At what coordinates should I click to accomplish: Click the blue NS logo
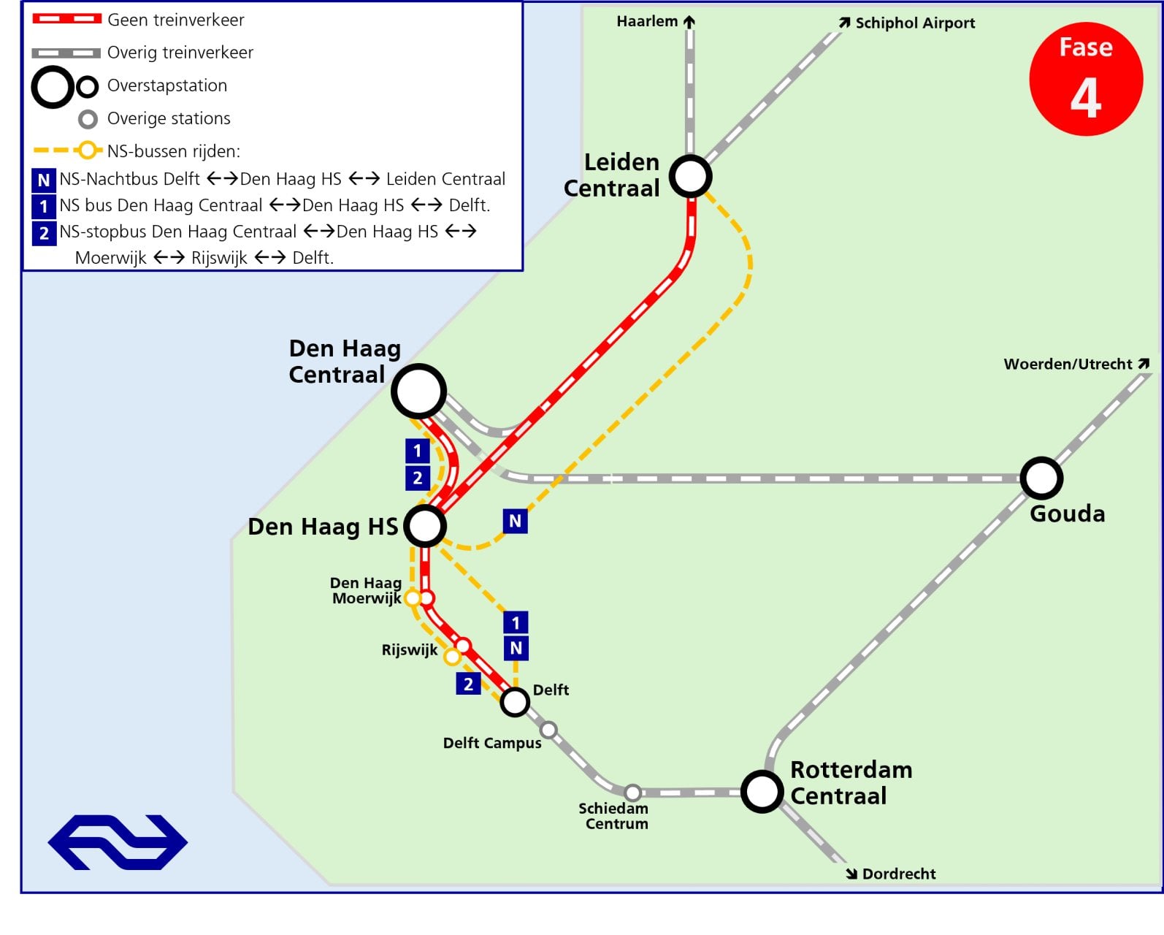pos(118,842)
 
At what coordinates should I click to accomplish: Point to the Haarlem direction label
pos(656,22)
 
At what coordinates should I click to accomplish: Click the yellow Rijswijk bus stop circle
pos(452,657)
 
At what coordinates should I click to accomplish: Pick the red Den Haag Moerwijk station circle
pos(427,598)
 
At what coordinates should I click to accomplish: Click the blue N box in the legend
pos(44,180)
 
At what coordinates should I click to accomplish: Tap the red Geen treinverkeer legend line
pos(67,19)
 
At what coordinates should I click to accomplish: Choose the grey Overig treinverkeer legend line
pos(66,53)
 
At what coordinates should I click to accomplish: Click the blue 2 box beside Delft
pos(468,684)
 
